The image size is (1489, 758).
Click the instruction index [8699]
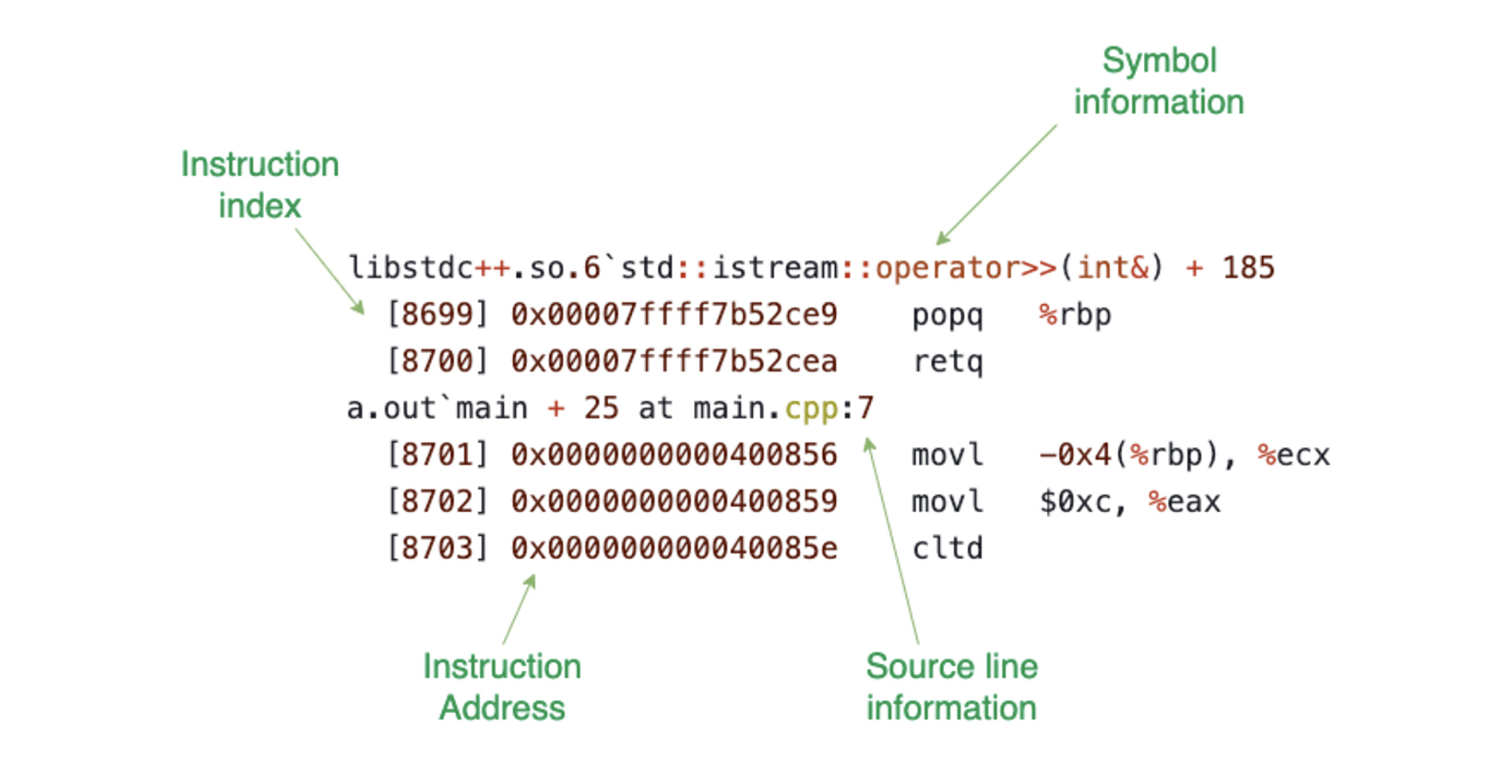[437, 315]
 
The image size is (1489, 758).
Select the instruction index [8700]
[437, 362]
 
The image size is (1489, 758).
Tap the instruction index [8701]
[437, 455]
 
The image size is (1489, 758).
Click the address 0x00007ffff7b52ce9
[674, 315]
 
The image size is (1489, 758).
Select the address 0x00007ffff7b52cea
[674, 362]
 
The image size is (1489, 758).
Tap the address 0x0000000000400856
[674, 455]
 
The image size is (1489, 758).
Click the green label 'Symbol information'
[1159, 81]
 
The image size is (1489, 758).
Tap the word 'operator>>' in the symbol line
[966, 268]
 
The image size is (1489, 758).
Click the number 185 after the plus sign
[1248, 268]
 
